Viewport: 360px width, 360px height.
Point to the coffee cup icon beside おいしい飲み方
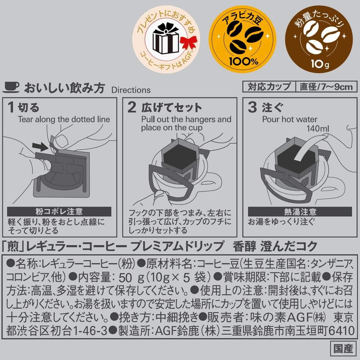point(11,87)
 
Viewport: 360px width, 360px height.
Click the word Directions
point(131,90)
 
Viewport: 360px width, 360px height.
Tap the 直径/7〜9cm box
point(326,86)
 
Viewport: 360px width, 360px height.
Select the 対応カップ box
point(269,86)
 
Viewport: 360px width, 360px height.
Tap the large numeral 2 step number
point(131,108)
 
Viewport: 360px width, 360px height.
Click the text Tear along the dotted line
point(64,119)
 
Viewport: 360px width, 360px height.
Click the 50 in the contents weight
point(125,278)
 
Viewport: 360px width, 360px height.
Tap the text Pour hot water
point(290,119)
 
